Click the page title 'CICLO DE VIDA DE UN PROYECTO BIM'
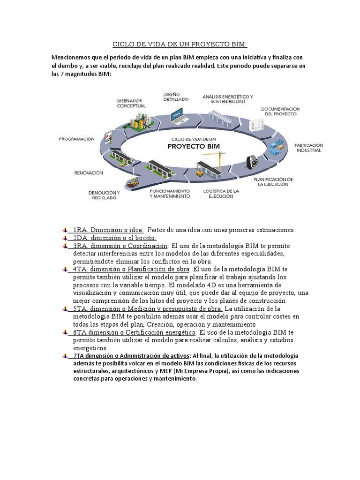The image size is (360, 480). click(180, 45)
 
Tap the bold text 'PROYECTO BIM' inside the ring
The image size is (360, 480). click(194, 146)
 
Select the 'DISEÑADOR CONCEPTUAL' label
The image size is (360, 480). click(131, 103)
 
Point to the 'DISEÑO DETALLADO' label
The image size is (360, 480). click(176, 97)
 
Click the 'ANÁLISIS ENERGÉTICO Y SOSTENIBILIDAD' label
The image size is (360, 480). click(228, 99)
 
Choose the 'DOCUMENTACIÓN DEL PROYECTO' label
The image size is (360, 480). click(280, 111)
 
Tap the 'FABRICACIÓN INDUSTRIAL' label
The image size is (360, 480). click(308, 148)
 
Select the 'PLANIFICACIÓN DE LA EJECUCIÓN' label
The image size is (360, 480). click(273, 182)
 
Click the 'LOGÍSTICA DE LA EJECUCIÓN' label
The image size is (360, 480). click(221, 194)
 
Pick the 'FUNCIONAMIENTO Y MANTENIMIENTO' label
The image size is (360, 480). click(170, 194)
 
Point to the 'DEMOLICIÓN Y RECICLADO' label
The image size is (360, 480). click(105, 195)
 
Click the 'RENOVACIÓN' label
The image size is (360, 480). click(89, 173)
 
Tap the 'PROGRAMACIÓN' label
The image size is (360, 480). click(77, 139)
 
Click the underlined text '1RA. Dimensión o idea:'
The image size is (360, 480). click(108, 230)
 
